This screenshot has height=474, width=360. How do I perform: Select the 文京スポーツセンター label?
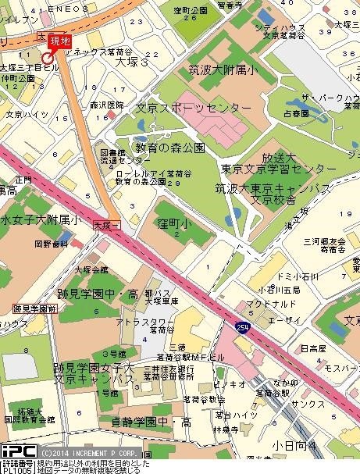tap(194, 107)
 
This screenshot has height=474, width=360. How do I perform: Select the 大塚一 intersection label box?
tap(105, 225)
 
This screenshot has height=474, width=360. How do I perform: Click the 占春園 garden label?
tap(298, 113)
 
